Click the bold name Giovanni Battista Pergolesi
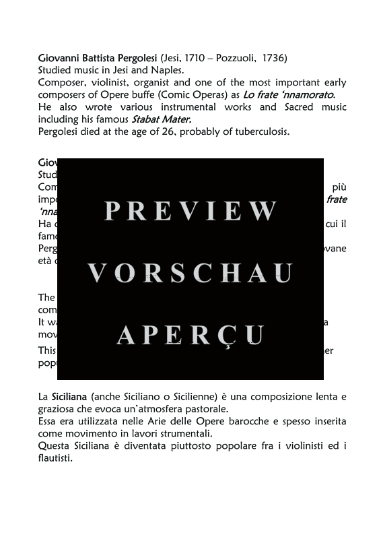click(x=98, y=58)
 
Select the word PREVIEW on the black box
click(x=190, y=212)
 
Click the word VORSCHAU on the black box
click(x=190, y=273)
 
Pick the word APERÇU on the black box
click(x=190, y=334)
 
